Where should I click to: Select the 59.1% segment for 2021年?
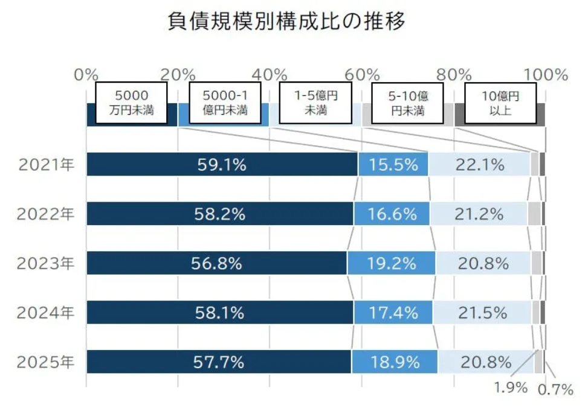pyautogui.click(x=222, y=164)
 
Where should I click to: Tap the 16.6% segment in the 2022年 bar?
pyautogui.click(x=392, y=214)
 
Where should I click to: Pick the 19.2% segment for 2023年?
pyautogui.click(x=392, y=263)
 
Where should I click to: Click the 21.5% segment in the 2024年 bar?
pyautogui.click(x=482, y=313)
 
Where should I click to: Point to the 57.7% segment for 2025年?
pyautogui.click(x=219, y=362)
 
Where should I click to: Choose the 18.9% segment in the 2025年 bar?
pyautogui.click(x=394, y=362)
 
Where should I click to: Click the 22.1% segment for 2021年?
pyautogui.click(x=480, y=164)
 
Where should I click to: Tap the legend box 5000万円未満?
pyautogui.click(x=131, y=103)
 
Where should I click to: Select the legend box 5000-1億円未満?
pyautogui.click(x=225, y=103)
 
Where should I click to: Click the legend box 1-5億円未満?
pyautogui.click(x=315, y=103)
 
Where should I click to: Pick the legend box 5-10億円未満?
pyautogui.click(x=407, y=103)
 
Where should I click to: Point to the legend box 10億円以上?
pyautogui.click(x=500, y=103)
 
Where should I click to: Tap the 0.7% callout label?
pyautogui.click(x=555, y=390)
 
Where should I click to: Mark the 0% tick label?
pyautogui.click(x=86, y=75)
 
